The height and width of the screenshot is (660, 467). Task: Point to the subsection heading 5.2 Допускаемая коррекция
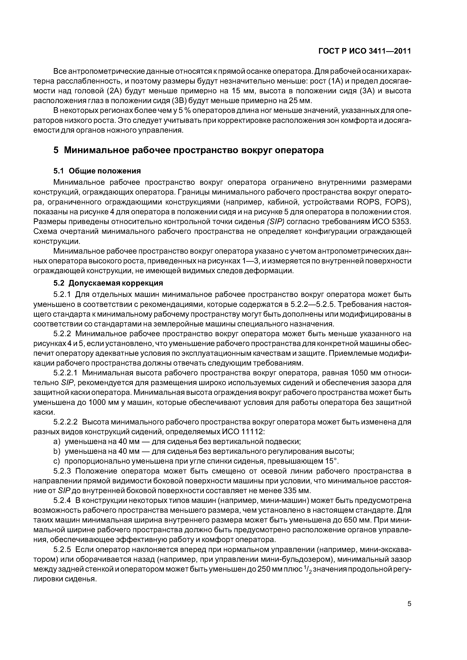(108, 283)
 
